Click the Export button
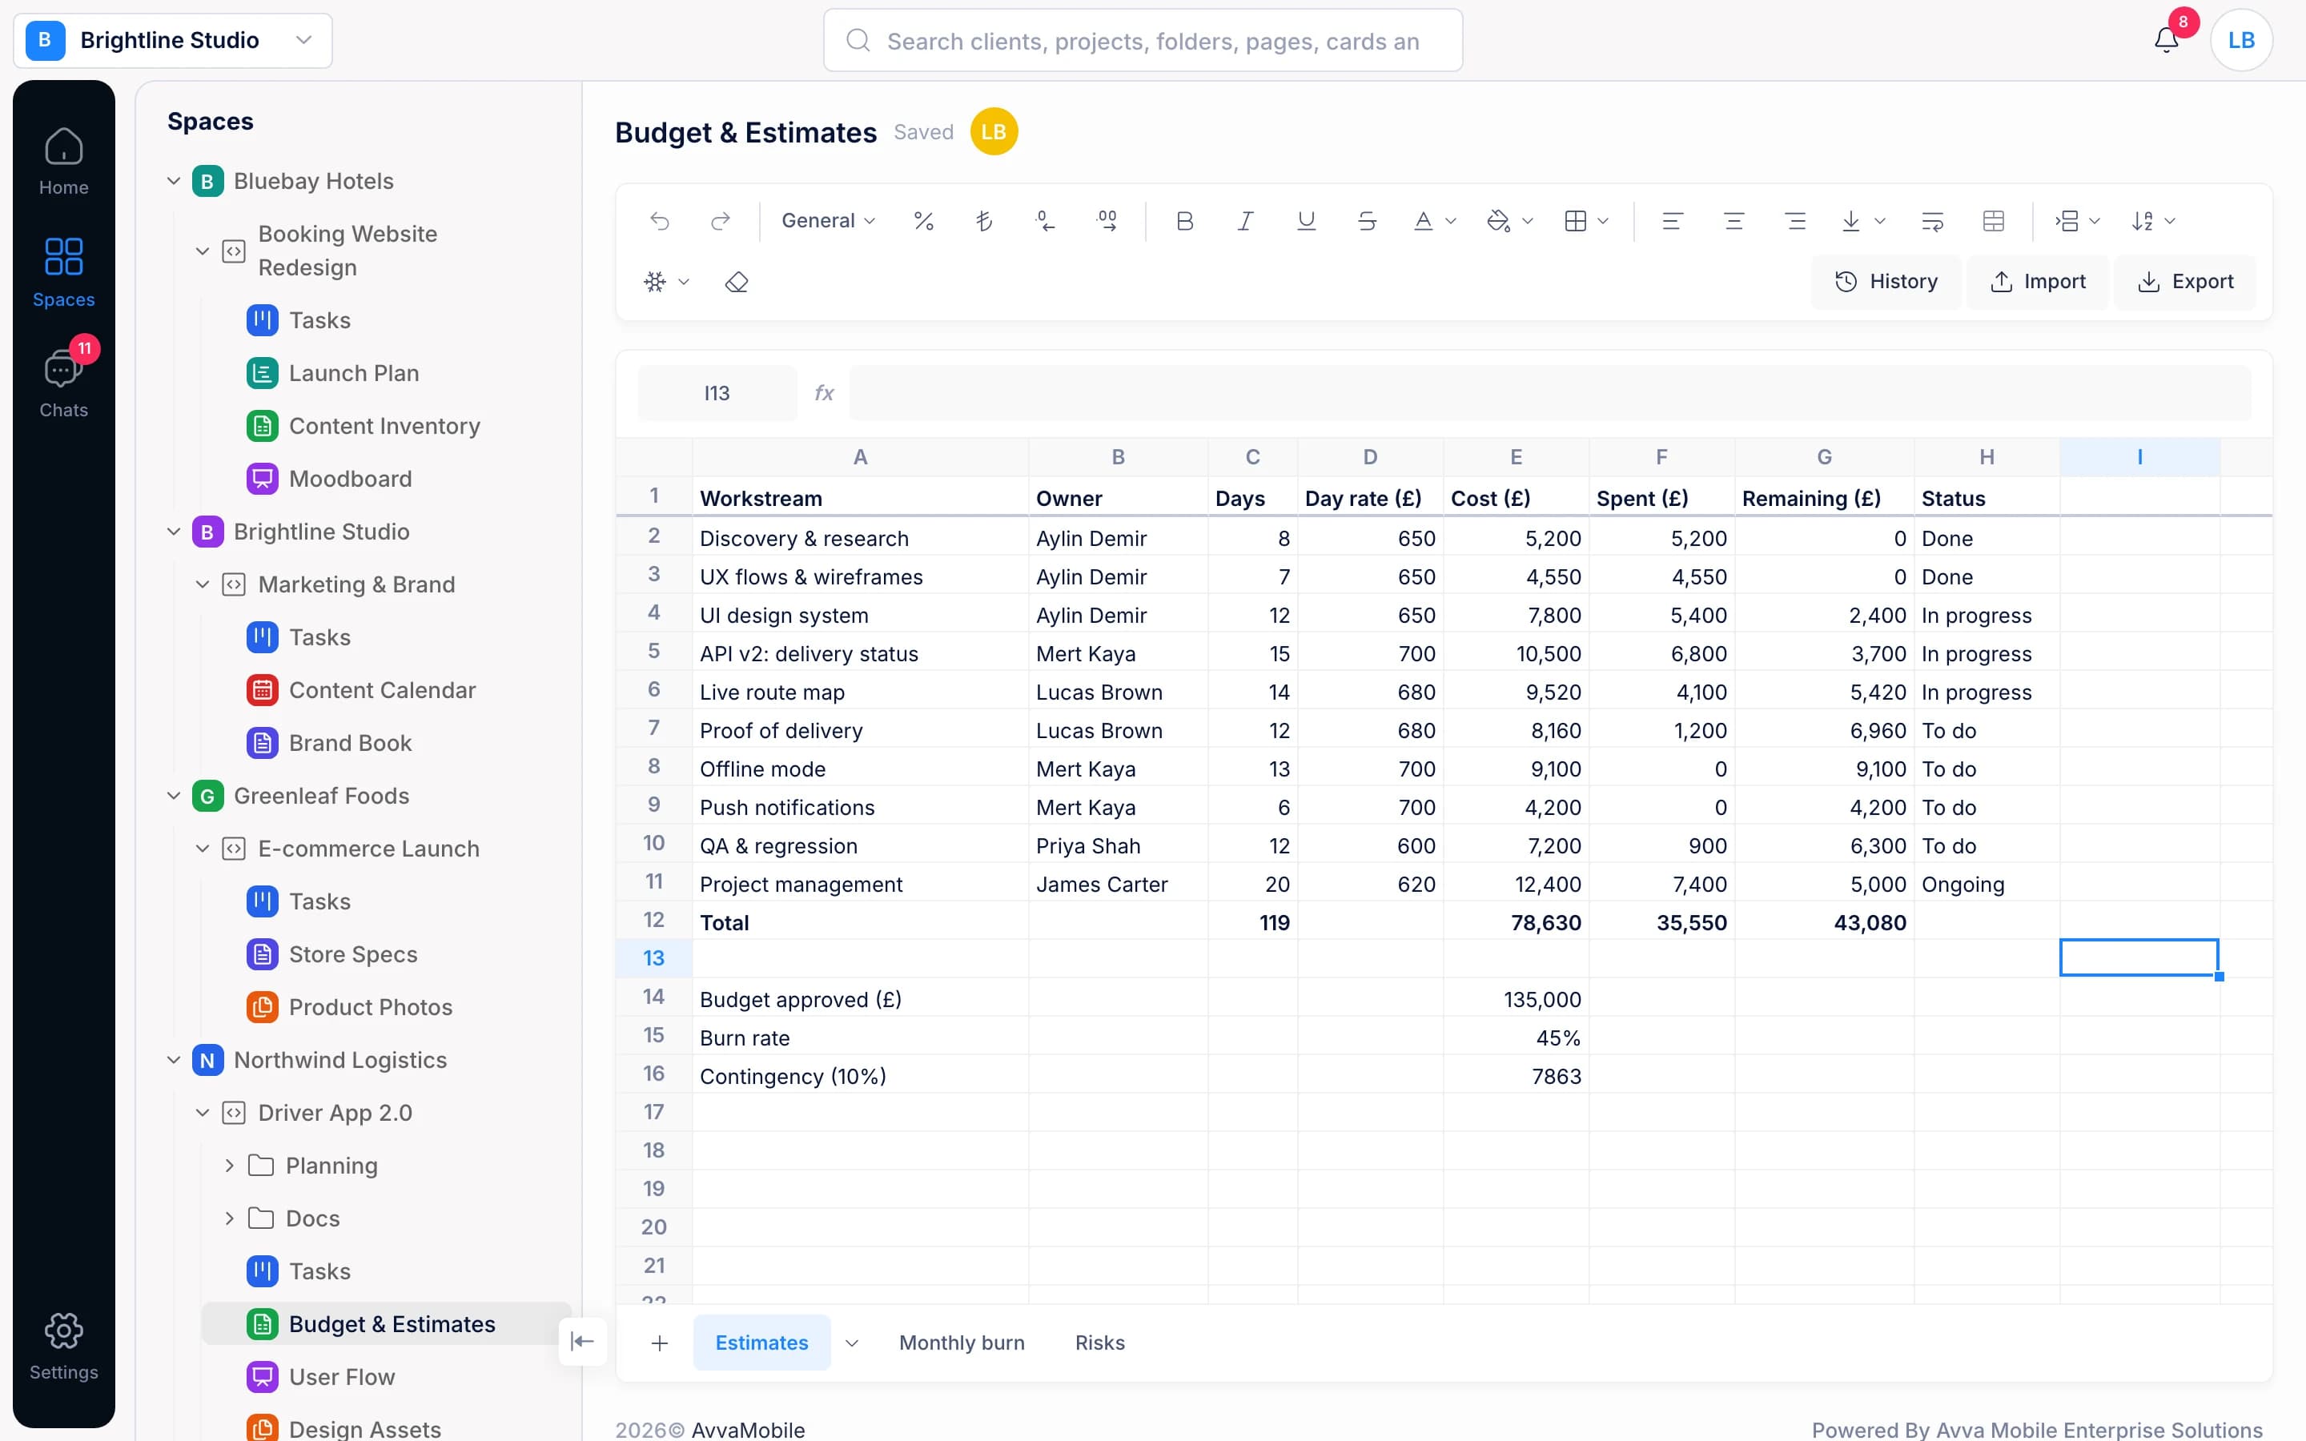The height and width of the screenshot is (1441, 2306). [2185, 281]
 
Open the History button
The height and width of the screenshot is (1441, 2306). [1886, 281]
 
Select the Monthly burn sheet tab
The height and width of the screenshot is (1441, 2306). [962, 1342]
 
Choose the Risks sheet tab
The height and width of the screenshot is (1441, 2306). [1099, 1342]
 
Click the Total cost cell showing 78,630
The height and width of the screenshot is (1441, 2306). [1516, 921]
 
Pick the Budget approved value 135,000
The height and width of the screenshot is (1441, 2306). [1516, 999]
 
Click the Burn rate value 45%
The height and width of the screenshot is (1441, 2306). [1516, 1037]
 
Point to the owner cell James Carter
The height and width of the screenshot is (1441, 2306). [1118, 884]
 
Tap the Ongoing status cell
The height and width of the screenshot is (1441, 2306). [1987, 884]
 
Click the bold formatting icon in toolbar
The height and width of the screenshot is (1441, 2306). [1184, 221]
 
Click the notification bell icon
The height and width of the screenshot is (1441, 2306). [2166, 40]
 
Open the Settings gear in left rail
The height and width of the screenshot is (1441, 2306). [64, 1345]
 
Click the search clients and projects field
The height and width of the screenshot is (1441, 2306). [1143, 40]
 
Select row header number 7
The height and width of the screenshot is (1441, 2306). [653, 729]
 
